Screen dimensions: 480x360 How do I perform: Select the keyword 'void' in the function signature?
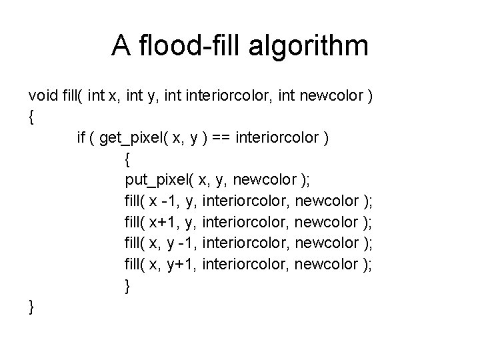pyautogui.click(x=42, y=98)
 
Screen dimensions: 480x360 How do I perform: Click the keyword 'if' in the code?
pyautogui.click(x=81, y=139)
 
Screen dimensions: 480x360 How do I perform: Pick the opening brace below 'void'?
pyautogui.click(x=31, y=119)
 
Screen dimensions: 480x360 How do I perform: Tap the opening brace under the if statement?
pyautogui.click(x=127, y=160)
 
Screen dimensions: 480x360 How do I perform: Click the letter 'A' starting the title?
pyautogui.click(x=121, y=45)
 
